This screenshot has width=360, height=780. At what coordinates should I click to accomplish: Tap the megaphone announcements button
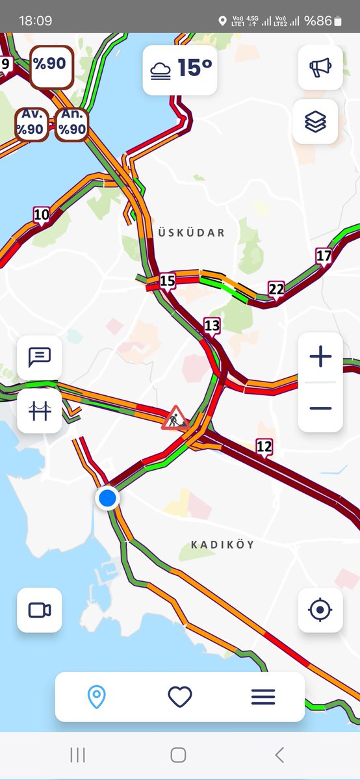pyautogui.click(x=320, y=68)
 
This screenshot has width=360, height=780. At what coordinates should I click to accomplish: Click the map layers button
pyautogui.click(x=315, y=122)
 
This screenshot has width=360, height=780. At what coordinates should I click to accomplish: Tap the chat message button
pyautogui.click(x=40, y=357)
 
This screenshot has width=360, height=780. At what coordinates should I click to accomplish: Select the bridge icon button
pyautogui.click(x=40, y=411)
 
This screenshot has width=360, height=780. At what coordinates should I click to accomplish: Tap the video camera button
pyautogui.click(x=40, y=610)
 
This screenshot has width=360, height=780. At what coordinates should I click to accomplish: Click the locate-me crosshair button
pyautogui.click(x=320, y=610)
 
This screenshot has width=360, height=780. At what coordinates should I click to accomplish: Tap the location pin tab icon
pyautogui.click(x=96, y=697)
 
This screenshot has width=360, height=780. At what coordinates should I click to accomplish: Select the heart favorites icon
pyautogui.click(x=180, y=697)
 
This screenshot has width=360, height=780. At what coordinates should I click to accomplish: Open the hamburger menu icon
pyautogui.click(x=263, y=697)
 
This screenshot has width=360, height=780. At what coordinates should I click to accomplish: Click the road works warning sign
pyautogui.click(x=174, y=417)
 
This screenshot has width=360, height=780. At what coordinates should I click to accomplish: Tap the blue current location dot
pyautogui.click(x=107, y=499)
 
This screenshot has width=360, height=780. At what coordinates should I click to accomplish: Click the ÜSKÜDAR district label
pyautogui.click(x=191, y=232)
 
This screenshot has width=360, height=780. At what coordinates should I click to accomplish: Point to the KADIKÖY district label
pyautogui.click(x=222, y=544)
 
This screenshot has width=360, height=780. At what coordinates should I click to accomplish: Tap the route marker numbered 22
pyautogui.click(x=276, y=289)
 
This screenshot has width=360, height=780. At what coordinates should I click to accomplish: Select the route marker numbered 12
pyautogui.click(x=264, y=447)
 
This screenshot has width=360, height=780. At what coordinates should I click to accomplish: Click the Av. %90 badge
pyautogui.click(x=31, y=123)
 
